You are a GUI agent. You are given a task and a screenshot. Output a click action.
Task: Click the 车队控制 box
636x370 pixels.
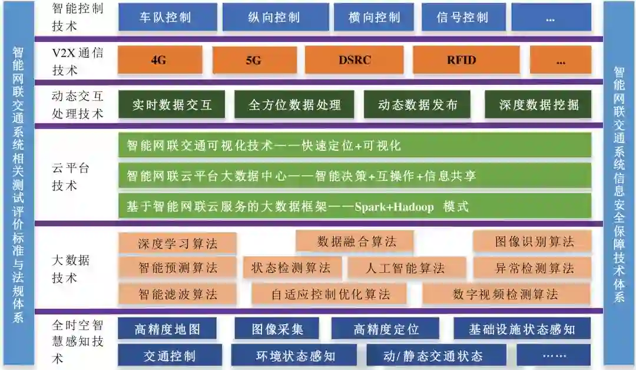[165, 17]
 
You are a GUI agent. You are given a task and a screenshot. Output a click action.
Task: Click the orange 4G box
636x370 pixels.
[159, 60]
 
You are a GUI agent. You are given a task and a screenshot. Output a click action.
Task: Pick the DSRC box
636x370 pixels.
[355, 60]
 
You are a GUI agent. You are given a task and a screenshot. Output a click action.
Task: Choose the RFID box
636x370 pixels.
[461, 60]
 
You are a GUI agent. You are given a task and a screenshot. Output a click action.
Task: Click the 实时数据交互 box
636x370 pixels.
[171, 105]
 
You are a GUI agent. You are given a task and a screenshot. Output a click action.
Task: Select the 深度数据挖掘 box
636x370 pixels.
[538, 105]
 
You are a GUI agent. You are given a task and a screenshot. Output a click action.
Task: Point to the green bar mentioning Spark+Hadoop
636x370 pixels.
[355, 207]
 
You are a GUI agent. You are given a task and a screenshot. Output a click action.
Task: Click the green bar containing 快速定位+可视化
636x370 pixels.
[355, 145]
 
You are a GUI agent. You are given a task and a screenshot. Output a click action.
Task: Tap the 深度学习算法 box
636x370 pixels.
[178, 243]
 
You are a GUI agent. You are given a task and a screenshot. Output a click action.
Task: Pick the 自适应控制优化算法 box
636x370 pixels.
[330, 294]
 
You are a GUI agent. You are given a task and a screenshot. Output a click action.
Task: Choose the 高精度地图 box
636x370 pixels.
[167, 329]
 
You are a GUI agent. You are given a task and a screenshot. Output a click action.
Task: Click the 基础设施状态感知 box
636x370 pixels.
[521, 329]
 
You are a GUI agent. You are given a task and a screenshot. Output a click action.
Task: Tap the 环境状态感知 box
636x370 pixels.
[295, 356]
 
